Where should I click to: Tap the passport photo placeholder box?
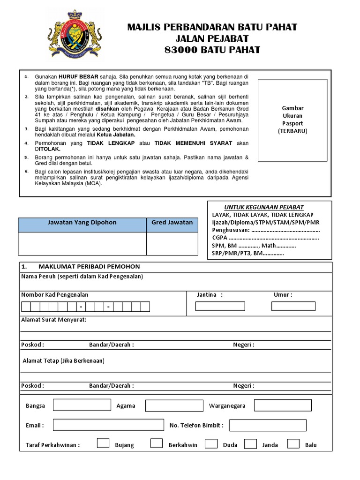pyautogui.click(x=292, y=120)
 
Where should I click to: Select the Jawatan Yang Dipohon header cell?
pyautogui.click(x=82, y=223)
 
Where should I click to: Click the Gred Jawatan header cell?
pyautogui.click(x=172, y=223)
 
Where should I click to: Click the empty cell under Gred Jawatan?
pyautogui.click(x=172, y=244)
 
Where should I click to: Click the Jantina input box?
pyautogui.click(x=220, y=306)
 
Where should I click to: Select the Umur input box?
pyautogui.click(x=293, y=306)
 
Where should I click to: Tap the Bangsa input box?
pyautogui.click(x=82, y=405)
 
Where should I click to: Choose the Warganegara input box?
pyautogui.click(x=283, y=405)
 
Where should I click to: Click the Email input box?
pyautogui.click(x=108, y=425)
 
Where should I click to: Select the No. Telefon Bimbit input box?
pyautogui.click(x=268, y=425)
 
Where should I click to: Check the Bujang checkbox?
pyautogui.click(x=103, y=443)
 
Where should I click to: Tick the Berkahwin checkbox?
pyautogui.click(x=157, y=443)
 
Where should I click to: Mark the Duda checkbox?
pyautogui.click(x=211, y=443)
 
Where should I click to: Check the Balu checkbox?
pyautogui.click(x=293, y=443)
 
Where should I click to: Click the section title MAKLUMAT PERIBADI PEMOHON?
pyautogui.click(x=89, y=267)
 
